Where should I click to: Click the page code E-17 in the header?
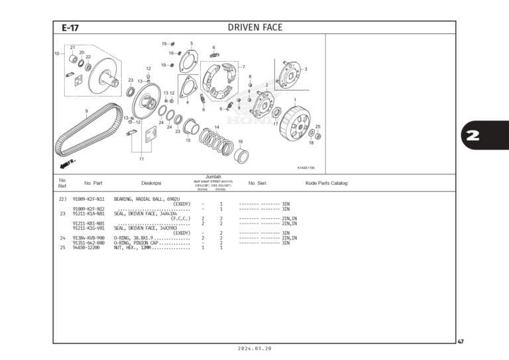(70, 28)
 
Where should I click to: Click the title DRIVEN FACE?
(254, 28)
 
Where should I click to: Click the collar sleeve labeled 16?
(242, 156)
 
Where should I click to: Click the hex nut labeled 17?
(276, 113)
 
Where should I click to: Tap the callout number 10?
(57, 53)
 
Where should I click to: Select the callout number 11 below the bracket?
(141, 159)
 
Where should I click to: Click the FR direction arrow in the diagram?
(67, 162)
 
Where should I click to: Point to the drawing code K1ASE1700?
(306, 168)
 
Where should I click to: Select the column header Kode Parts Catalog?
(326, 183)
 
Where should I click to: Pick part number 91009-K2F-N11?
(88, 199)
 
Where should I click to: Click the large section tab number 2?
(473, 137)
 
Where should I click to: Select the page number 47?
(461, 341)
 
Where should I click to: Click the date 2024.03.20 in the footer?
(254, 349)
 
